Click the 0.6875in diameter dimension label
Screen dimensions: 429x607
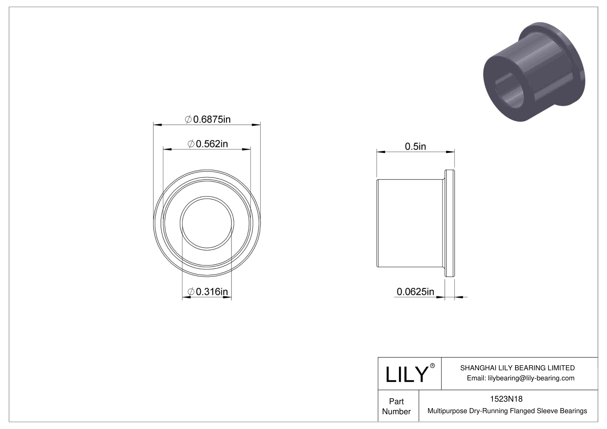click(x=208, y=119)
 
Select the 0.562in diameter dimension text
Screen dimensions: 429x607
click(x=208, y=144)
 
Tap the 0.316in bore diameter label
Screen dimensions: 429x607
click(x=208, y=292)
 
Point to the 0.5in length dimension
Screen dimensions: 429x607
click(x=415, y=146)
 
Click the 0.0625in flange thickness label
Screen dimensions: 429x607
click(x=415, y=291)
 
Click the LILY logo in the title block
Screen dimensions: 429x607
click(x=406, y=375)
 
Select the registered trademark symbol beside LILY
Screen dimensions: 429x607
click(x=433, y=366)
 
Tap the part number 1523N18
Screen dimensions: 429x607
click(x=506, y=399)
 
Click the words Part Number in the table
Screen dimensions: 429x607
click(x=396, y=406)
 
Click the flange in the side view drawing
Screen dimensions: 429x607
click(x=449, y=223)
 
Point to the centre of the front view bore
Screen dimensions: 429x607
click(x=207, y=223)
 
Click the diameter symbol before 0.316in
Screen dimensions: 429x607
click(x=191, y=292)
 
